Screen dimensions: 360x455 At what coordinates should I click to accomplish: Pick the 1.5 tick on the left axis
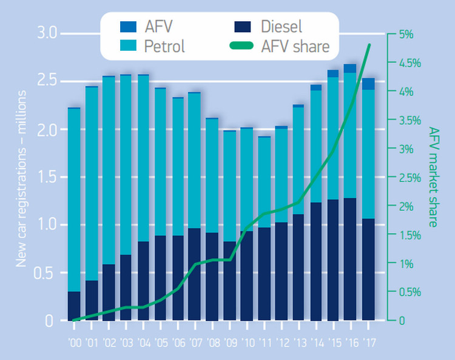tap(46, 177)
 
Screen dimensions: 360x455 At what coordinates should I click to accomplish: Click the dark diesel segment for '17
tap(368, 270)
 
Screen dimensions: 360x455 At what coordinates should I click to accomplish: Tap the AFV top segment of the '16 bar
tap(351, 68)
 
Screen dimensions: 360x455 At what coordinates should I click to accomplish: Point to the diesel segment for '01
tap(92, 301)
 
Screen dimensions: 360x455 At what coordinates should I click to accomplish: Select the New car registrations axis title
tap(22, 176)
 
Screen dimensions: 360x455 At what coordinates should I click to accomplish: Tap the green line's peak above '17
tap(369, 45)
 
